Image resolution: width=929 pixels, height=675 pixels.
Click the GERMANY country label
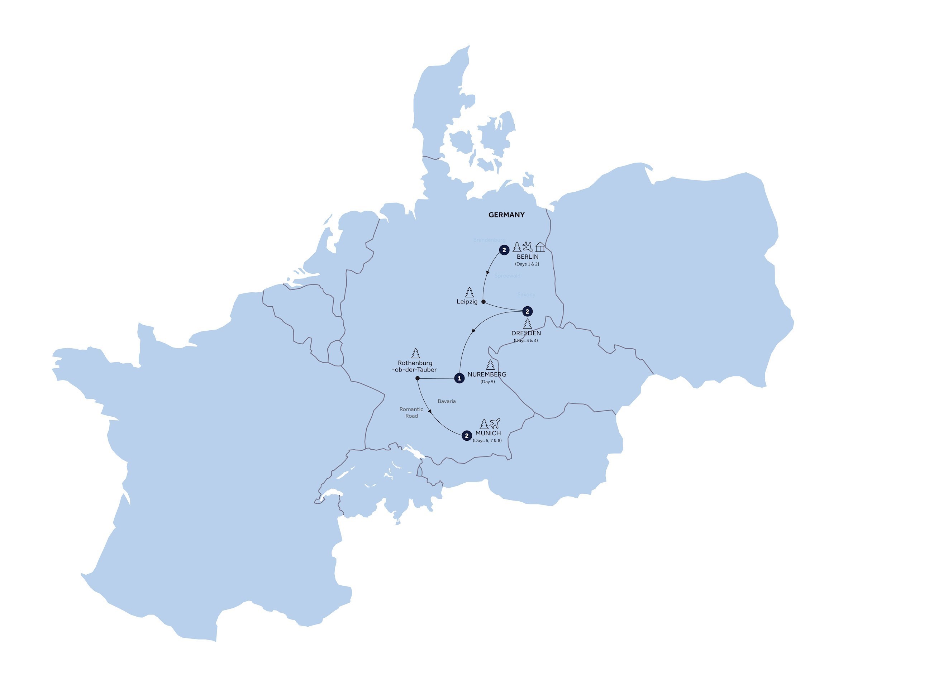pos(506,215)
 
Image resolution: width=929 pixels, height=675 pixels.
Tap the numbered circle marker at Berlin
pos(504,250)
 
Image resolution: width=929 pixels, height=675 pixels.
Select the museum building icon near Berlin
pos(540,247)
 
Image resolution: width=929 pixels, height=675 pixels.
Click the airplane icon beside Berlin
pos(528,246)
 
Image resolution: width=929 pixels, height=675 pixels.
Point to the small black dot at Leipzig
pos(483,302)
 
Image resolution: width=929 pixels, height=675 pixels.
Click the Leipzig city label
pos(467,302)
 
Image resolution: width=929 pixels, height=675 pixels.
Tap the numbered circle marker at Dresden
pos(527,312)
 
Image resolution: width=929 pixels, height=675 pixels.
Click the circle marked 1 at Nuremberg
pos(459,378)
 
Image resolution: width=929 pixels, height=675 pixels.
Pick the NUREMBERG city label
pos(487,374)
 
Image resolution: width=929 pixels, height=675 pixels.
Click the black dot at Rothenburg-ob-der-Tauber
pos(418,378)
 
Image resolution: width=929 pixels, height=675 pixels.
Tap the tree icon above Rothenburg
pos(416,353)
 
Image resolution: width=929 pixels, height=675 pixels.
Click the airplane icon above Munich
pos(495,423)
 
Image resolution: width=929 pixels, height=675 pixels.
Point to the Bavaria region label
pos(447,401)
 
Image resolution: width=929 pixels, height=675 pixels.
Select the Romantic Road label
pos(411,412)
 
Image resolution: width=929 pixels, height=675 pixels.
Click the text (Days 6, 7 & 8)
pos(487,441)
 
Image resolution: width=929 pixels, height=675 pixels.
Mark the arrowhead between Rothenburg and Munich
pos(429,411)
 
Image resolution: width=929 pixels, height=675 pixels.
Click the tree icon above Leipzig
pos(470,292)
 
